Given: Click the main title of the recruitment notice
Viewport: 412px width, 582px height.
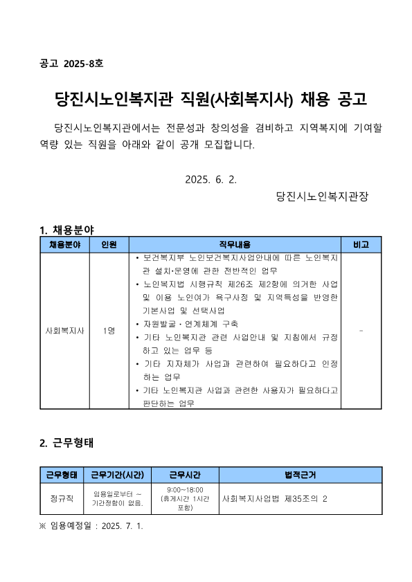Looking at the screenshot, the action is coord(206,100).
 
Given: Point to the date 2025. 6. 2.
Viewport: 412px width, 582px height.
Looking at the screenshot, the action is coord(211,179).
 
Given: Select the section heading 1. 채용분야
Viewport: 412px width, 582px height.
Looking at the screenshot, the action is coord(67,229).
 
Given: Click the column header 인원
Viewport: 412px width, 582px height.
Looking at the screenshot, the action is coord(109,245).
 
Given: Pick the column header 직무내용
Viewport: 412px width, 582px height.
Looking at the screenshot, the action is coord(235,245).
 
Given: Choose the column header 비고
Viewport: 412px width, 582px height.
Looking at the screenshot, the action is coord(361,245).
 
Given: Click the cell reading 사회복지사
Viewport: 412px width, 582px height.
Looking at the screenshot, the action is coord(64,331).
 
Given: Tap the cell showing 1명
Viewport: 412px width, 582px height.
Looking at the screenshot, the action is coord(109,331).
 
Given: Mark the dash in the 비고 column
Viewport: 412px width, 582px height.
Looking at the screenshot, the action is coord(361,331).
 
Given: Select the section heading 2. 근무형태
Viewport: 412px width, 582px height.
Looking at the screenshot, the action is coord(67,443).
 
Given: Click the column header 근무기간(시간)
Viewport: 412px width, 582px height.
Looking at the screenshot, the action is coord(117,475).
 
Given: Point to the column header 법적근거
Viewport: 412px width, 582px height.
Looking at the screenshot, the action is coord(301,475).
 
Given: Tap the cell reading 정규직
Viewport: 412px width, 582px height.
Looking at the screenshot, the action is coord(62,498).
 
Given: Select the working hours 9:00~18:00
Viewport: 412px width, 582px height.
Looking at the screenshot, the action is coord(184,489).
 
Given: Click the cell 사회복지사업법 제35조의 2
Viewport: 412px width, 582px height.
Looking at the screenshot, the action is coord(274,498).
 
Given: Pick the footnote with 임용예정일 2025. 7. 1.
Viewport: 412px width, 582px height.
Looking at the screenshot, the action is coord(91,525).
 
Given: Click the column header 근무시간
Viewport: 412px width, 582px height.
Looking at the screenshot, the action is coord(185,475).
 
